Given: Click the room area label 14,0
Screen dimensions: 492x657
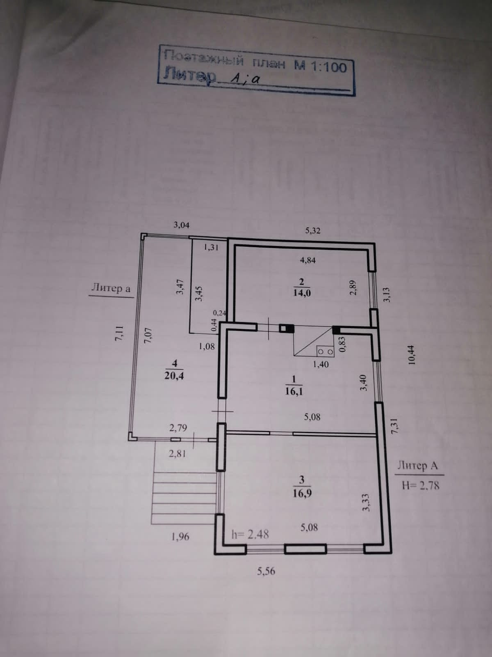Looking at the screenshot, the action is click(302, 293).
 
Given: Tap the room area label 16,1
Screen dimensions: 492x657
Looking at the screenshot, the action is click(294, 391).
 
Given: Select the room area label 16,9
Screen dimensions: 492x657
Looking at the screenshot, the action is click(302, 493).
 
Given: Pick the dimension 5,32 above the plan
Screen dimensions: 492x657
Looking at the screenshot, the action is click(312, 231).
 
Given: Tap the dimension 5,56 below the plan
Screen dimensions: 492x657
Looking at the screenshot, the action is click(266, 570).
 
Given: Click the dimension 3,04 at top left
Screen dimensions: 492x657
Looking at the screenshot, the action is click(182, 225).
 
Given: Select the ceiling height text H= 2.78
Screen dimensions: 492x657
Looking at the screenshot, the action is click(421, 486).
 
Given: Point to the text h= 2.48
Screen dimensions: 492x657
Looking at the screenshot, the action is click(250, 534).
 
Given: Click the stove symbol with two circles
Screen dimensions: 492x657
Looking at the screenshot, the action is click(325, 351).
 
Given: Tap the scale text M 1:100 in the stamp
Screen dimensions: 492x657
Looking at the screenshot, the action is click(320, 67).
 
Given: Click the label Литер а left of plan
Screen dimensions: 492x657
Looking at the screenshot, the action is click(110, 288).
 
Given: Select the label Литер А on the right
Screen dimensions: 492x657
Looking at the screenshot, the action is click(417, 466).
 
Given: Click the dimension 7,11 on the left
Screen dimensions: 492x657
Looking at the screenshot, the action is click(119, 333).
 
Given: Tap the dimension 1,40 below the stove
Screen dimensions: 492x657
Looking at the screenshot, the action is click(321, 364).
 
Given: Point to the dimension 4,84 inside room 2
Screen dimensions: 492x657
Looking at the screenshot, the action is click(307, 260).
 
